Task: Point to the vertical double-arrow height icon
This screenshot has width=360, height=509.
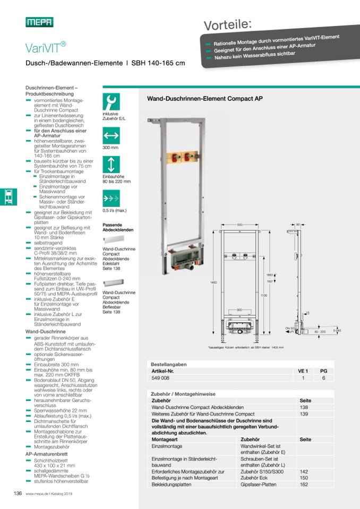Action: [x=112, y=163]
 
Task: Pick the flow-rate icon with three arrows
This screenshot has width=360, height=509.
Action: [x=112, y=200]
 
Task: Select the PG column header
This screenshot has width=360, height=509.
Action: [x=323, y=371]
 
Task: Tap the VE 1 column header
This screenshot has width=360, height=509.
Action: [x=303, y=371]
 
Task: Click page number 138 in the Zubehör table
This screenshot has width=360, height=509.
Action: [x=304, y=407]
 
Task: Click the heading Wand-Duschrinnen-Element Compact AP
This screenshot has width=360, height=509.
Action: [x=204, y=98]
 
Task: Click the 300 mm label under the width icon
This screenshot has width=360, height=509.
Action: [x=110, y=148]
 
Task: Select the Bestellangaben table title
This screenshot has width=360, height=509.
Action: [x=169, y=364]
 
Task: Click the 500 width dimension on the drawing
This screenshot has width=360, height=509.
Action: [x=240, y=225]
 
